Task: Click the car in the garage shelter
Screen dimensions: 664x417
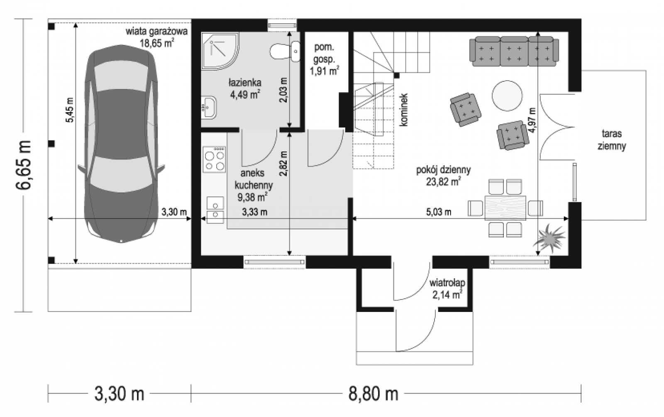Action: tap(121, 144)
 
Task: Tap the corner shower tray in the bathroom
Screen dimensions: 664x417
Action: tap(220, 51)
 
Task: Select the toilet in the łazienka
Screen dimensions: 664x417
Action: tap(285, 52)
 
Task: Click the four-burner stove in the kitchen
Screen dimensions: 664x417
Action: tap(214, 159)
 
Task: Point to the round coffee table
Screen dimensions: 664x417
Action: tap(507, 96)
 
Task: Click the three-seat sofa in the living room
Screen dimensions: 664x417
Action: tap(514, 51)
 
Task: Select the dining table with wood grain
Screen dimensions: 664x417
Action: tap(505, 208)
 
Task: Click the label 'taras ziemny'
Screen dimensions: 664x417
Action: tap(612, 140)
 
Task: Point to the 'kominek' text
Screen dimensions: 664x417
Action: tap(403, 110)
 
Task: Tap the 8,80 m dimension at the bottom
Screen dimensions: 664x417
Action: tap(373, 394)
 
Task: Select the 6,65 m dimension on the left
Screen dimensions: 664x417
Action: tap(23, 165)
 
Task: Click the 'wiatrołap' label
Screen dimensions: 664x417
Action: tap(447, 283)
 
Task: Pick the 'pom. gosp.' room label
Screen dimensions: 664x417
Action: tap(324, 53)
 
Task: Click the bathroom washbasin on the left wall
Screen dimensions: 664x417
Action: tap(209, 107)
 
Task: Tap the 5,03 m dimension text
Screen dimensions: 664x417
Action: tap(439, 212)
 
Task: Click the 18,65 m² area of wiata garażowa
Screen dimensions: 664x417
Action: tap(157, 43)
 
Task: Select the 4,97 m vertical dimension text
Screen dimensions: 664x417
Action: tap(532, 120)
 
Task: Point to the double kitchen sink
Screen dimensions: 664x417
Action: tap(215, 210)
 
